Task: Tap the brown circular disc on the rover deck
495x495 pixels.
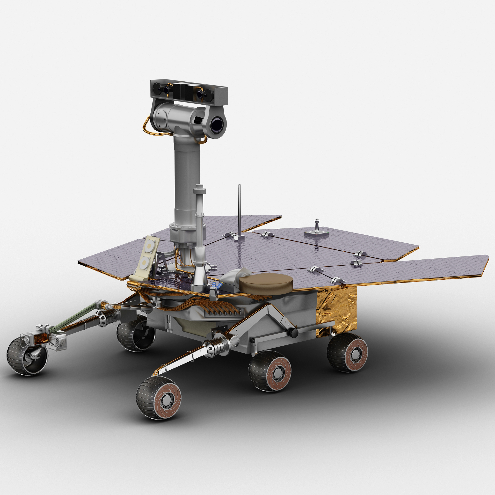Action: [266, 283]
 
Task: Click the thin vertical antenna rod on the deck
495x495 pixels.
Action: [240, 210]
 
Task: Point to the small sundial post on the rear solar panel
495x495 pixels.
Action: [317, 226]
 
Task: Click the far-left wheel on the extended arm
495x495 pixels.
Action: [27, 356]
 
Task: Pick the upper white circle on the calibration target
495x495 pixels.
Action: [148, 247]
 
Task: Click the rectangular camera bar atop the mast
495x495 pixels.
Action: [189, 93]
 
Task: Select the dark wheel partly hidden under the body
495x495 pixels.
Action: [136, 335]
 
